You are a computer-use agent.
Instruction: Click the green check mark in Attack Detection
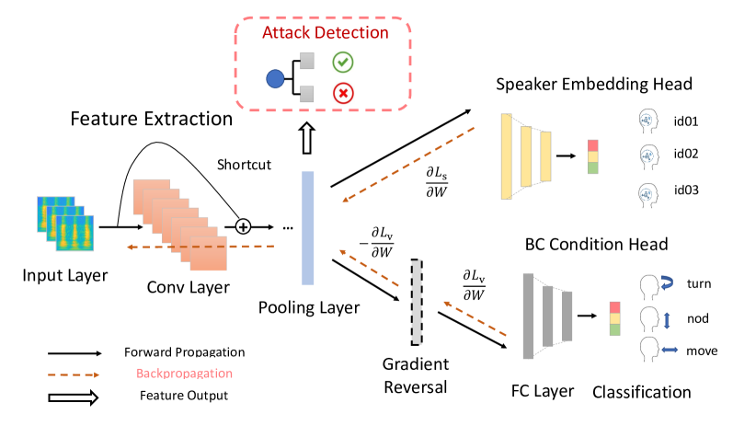[343, 63]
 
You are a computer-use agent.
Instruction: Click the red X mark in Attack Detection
[343, 93]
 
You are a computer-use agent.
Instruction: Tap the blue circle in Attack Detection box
[275, 78]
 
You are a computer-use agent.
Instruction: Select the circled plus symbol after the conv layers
[243, 226]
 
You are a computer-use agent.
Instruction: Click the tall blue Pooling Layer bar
[307, 227]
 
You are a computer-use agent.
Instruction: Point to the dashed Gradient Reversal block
[417, 303]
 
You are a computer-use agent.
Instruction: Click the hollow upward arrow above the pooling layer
[307, 138]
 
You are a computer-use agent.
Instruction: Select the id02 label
[685, 154]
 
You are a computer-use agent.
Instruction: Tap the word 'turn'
[699, 283]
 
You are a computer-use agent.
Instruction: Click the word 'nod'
[698, 318]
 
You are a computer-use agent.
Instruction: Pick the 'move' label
[702, 351]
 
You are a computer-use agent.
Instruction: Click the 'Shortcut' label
[244, 165]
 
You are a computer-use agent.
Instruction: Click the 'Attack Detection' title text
[326, 33]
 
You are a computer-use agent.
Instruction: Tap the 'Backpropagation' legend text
[184, 374]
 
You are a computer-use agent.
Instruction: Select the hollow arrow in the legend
[74, 397]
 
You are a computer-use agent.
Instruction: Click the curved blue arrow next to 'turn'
[667, 282]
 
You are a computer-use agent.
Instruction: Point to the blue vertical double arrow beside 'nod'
[668, 321]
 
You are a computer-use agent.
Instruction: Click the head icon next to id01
[648, 121]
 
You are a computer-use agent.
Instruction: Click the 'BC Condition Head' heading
[596, 244]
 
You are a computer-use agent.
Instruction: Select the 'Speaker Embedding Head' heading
[594, 85]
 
